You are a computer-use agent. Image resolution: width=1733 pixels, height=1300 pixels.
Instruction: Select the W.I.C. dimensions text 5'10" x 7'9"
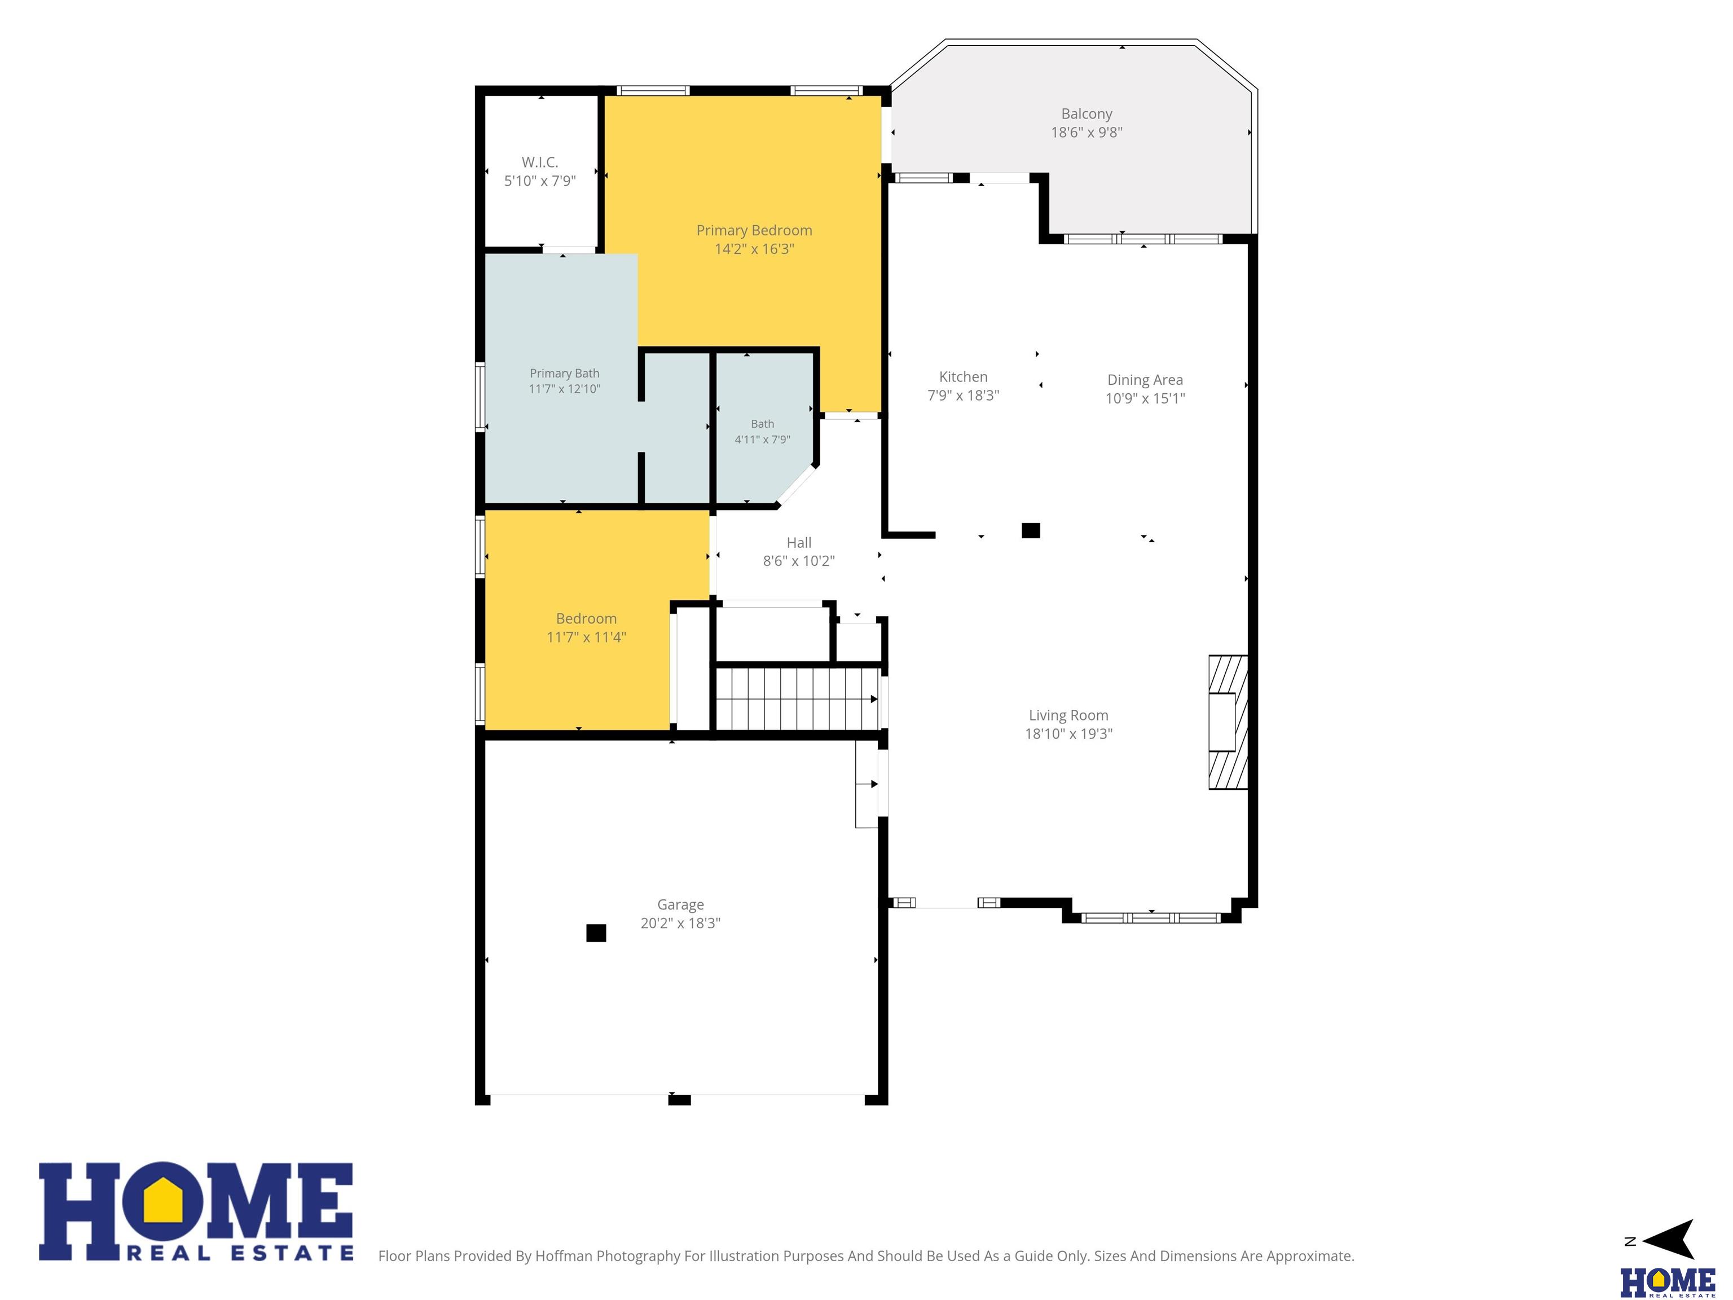click(x=540, y=181)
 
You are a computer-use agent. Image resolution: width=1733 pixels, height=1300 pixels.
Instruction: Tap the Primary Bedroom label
click(x=754, y=230)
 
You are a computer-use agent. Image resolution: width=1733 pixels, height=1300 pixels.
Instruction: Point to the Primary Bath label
click(x=564, y=374)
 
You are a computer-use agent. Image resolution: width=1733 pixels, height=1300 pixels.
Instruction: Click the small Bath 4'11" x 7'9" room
click(x=762, y=427)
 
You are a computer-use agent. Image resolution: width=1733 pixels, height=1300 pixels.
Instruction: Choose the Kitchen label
click(x=963, y=377)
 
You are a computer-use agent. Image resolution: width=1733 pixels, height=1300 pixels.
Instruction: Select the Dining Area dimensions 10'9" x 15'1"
click(x=1145, y=398)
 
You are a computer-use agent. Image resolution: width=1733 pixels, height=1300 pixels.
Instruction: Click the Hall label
click(x=798, y=542)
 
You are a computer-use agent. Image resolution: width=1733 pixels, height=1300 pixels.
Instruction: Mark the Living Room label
click(x=1068, y=715)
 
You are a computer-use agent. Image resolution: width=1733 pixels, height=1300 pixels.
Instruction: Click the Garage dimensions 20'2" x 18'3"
click(x=680, y=923)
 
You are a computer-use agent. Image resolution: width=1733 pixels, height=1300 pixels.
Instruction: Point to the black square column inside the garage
click(x=596, y=933)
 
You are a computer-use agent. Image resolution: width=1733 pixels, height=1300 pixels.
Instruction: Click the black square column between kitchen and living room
click(x=1031, y=530)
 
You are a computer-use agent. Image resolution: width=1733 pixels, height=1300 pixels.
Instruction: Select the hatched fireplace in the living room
click(x=1228, y=722)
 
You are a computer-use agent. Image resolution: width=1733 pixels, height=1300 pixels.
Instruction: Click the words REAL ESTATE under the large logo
click(x=240, y=1253)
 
